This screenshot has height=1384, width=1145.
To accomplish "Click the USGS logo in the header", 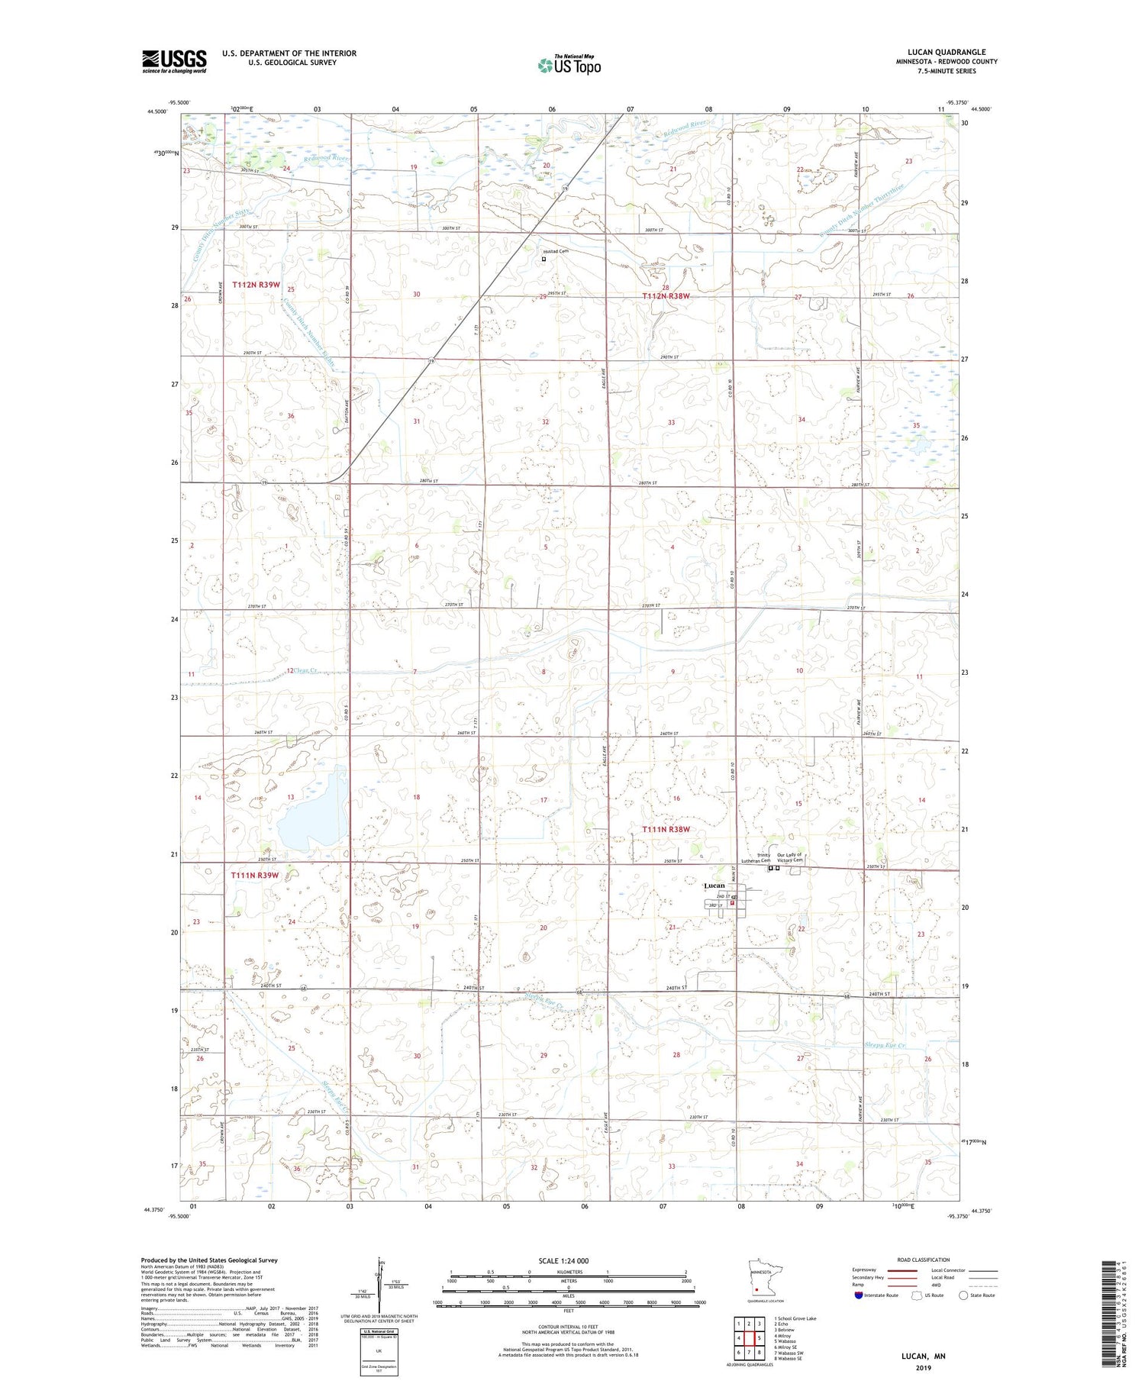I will pos(174,61).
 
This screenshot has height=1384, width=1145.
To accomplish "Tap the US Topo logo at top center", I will pos(569,65).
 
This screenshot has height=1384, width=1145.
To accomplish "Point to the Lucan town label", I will pos(714,886).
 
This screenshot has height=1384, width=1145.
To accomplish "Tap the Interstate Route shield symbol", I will pos(859,1295).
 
